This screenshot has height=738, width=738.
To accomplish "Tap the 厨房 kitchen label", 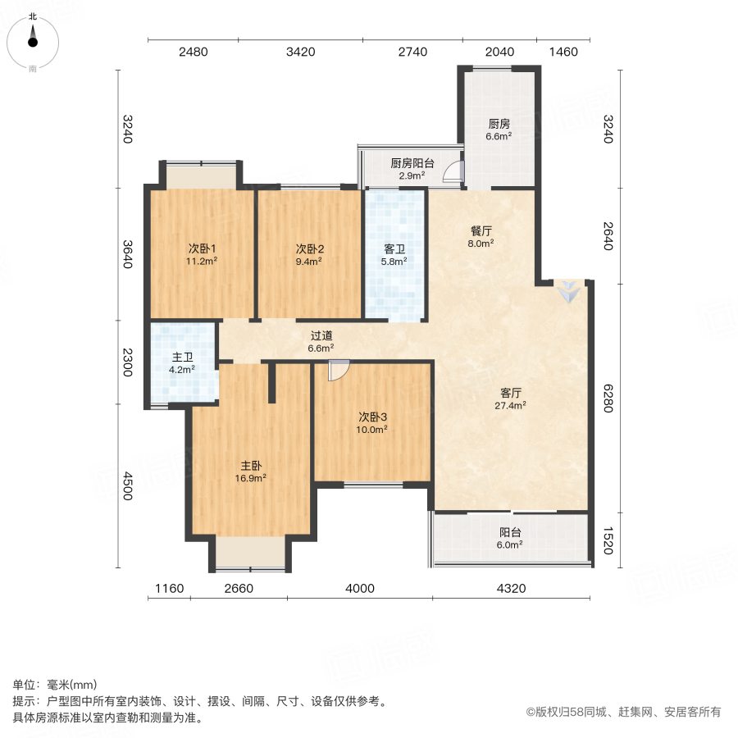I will click(499, 130).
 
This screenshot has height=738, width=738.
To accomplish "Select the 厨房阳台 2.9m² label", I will click(412, 169).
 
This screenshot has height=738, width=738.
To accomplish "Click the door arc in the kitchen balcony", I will click(453, 171).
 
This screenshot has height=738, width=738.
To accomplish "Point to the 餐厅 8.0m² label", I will click(480, 237).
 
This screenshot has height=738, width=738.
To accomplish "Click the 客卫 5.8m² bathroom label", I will click(394, 254).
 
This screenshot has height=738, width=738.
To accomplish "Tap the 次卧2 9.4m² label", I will click(308, 255).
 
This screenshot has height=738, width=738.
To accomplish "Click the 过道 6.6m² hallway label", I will click(321, 341).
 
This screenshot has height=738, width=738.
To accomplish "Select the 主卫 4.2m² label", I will click(182, 363).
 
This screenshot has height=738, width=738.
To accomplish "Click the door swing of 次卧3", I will click(337, 371).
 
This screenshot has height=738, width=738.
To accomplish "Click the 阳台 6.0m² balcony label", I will click(510, 537).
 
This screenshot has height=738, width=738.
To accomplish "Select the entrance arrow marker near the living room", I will click(567, 291).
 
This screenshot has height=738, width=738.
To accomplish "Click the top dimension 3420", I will click(301, 52).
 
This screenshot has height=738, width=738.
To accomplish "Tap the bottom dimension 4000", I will click(359, 588).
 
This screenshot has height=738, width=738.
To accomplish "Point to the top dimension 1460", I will click(563, 52).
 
